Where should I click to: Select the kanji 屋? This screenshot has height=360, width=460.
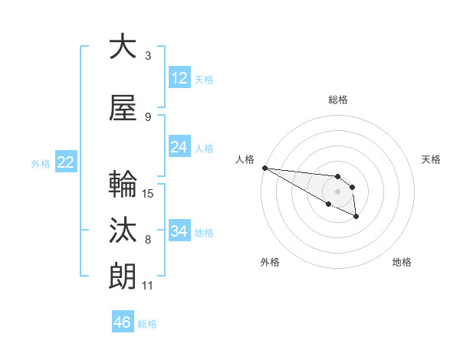coord(122,106)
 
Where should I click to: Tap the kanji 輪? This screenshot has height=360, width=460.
coord(122,184)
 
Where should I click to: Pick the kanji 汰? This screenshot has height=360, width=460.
coord(122,230)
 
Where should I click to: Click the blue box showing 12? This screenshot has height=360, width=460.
coord(179,78)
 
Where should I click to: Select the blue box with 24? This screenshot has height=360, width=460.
coord(179,147)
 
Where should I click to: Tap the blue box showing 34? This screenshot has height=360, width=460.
coord(179,231)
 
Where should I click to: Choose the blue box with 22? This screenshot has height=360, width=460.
coord(65,162)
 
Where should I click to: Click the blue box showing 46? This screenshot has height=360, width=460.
coord(123,322)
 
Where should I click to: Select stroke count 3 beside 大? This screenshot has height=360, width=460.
coord(148,56)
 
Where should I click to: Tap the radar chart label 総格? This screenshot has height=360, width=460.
coord(337,100)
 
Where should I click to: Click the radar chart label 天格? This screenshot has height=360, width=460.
coord(431,159)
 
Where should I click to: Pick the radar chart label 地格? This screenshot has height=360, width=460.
coord(402,262)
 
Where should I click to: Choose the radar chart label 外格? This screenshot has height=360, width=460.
coord(270,262)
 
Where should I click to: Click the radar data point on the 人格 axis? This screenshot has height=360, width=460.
coord(264,168)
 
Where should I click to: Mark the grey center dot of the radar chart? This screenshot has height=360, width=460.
coord(337,191)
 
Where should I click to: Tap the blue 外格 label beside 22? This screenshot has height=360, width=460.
coord(41,163)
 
